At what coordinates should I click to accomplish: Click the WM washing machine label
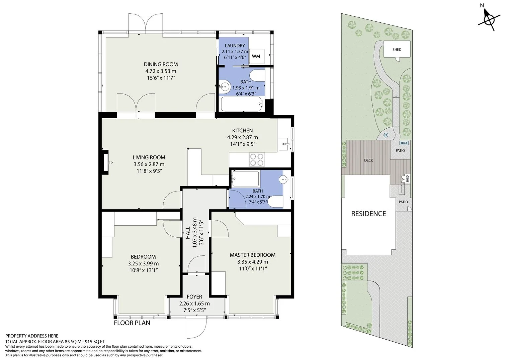(x=256, y=56)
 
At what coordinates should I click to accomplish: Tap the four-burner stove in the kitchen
(x=257, y=159)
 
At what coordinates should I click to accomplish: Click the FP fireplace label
(x=111, y=163)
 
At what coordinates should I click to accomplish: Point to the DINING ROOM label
(x=161, y=64)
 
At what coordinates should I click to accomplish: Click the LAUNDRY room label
(x=235, y=45)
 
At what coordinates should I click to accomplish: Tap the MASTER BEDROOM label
(x=253, y=255)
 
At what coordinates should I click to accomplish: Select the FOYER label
(x=194, y=296)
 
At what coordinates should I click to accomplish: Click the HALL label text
(x=188, y=233)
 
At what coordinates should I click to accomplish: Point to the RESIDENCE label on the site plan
(x=368, y=214)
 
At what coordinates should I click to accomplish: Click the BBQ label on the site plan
(x=404, y=143)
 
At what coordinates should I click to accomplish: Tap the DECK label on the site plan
(x=368, y=160)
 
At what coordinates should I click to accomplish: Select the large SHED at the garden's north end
(x=397, y=49)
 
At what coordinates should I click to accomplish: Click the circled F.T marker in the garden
(x=386, y=135)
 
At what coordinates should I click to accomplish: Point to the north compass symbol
(x=489, y=20)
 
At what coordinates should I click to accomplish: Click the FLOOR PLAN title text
(x=132, y=323)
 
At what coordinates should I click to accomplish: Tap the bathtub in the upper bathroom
(x=241, y=104)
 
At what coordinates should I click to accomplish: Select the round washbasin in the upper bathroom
(x=224, y=86)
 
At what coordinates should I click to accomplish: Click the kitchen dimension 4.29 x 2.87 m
(x=242, y=137)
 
